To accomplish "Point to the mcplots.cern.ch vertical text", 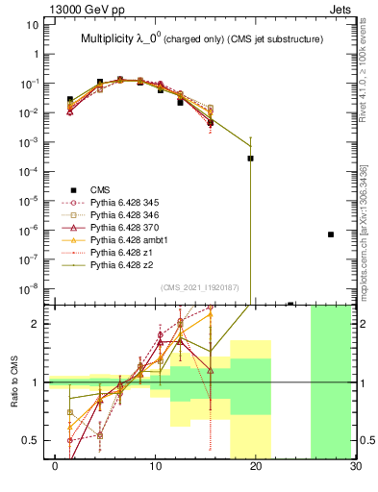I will pyautogui.click(x=368, y=221).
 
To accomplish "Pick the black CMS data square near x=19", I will pyautogui.click(x=250, y=159).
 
